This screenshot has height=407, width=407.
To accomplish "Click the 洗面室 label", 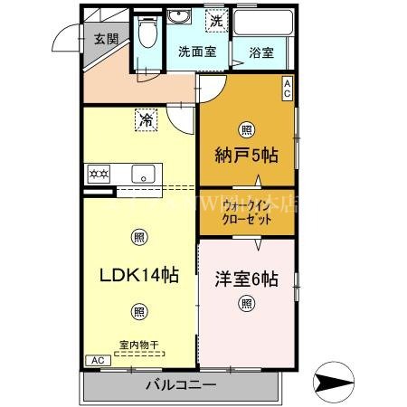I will click(195, 52).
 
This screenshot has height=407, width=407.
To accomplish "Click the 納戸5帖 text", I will click(246, 156).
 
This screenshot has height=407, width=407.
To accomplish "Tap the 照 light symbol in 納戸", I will click(246, 128).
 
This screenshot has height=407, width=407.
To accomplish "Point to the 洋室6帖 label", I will click(247, 278).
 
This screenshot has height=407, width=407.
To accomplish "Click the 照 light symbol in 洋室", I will click(246, 305).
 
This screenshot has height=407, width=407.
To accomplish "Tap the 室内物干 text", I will click(138, 345).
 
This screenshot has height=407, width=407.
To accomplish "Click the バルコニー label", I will click(181, 386).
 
